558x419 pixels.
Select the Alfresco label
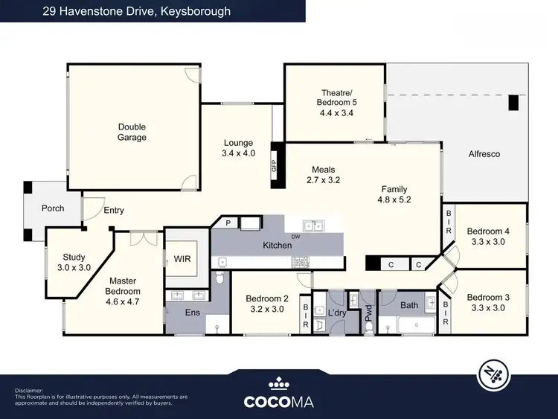(x=484, y=154)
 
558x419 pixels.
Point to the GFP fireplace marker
(x=274, y=166)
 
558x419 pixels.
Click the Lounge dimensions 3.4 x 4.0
(x=238, y=153)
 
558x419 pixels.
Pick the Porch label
(x=52, y=208)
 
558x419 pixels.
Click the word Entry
(x=114, y=211)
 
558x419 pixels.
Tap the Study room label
(x=74, y=258)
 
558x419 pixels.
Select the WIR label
(x=184, y=260)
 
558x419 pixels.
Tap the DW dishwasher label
(x=295, y=237)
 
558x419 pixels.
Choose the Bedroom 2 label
(x=266, y=299)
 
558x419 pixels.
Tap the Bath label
(x=409, y=305)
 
